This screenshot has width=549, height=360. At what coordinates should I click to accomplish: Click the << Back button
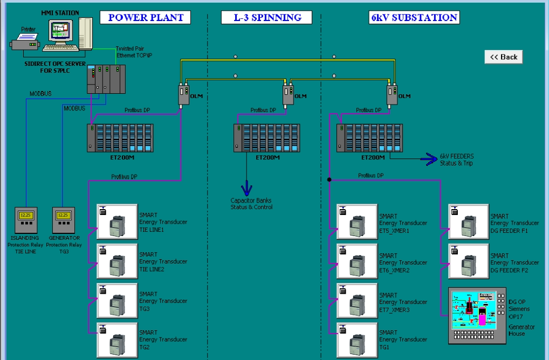pos(504,57)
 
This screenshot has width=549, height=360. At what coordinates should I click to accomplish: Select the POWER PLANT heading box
pos(146,17)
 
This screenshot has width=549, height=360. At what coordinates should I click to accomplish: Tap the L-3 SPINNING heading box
pos(266,17)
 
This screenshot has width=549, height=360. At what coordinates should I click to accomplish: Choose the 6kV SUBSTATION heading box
pos(414,17)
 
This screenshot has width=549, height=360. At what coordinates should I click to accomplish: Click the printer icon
pos(25,40)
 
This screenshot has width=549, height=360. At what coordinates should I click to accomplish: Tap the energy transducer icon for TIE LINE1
pos(116,221)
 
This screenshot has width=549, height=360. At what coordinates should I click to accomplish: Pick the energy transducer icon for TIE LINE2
pos(116,261)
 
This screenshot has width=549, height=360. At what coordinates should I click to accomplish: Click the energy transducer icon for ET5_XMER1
pos(356,221)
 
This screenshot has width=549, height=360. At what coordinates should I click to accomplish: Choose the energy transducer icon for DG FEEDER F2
pos(468,261)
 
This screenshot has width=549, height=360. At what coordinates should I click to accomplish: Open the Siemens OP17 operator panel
pos(477,315)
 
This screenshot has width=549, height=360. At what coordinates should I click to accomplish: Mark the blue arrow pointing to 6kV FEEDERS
pos(430,158)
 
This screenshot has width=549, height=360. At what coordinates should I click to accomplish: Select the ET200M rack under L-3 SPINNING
pos(267,138)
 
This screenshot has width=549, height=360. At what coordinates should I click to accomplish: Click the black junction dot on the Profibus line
pos(328,179)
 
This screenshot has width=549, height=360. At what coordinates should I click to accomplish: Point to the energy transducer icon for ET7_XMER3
pos(356,300)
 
